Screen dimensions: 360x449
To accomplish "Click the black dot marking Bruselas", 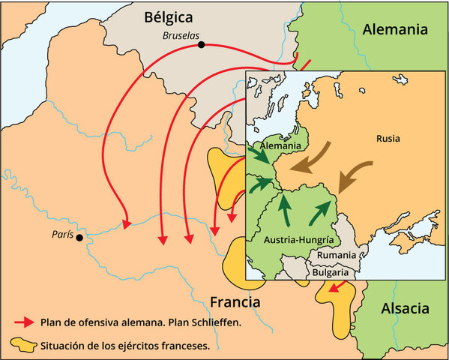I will point(201,45).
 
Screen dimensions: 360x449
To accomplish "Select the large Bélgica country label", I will point(169,16).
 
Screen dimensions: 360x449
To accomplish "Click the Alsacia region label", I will point(405,308).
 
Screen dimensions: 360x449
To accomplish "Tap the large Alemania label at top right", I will point(394,30).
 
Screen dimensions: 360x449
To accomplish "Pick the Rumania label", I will point(337,255).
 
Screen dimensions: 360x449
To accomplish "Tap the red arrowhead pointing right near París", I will point(127,223).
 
